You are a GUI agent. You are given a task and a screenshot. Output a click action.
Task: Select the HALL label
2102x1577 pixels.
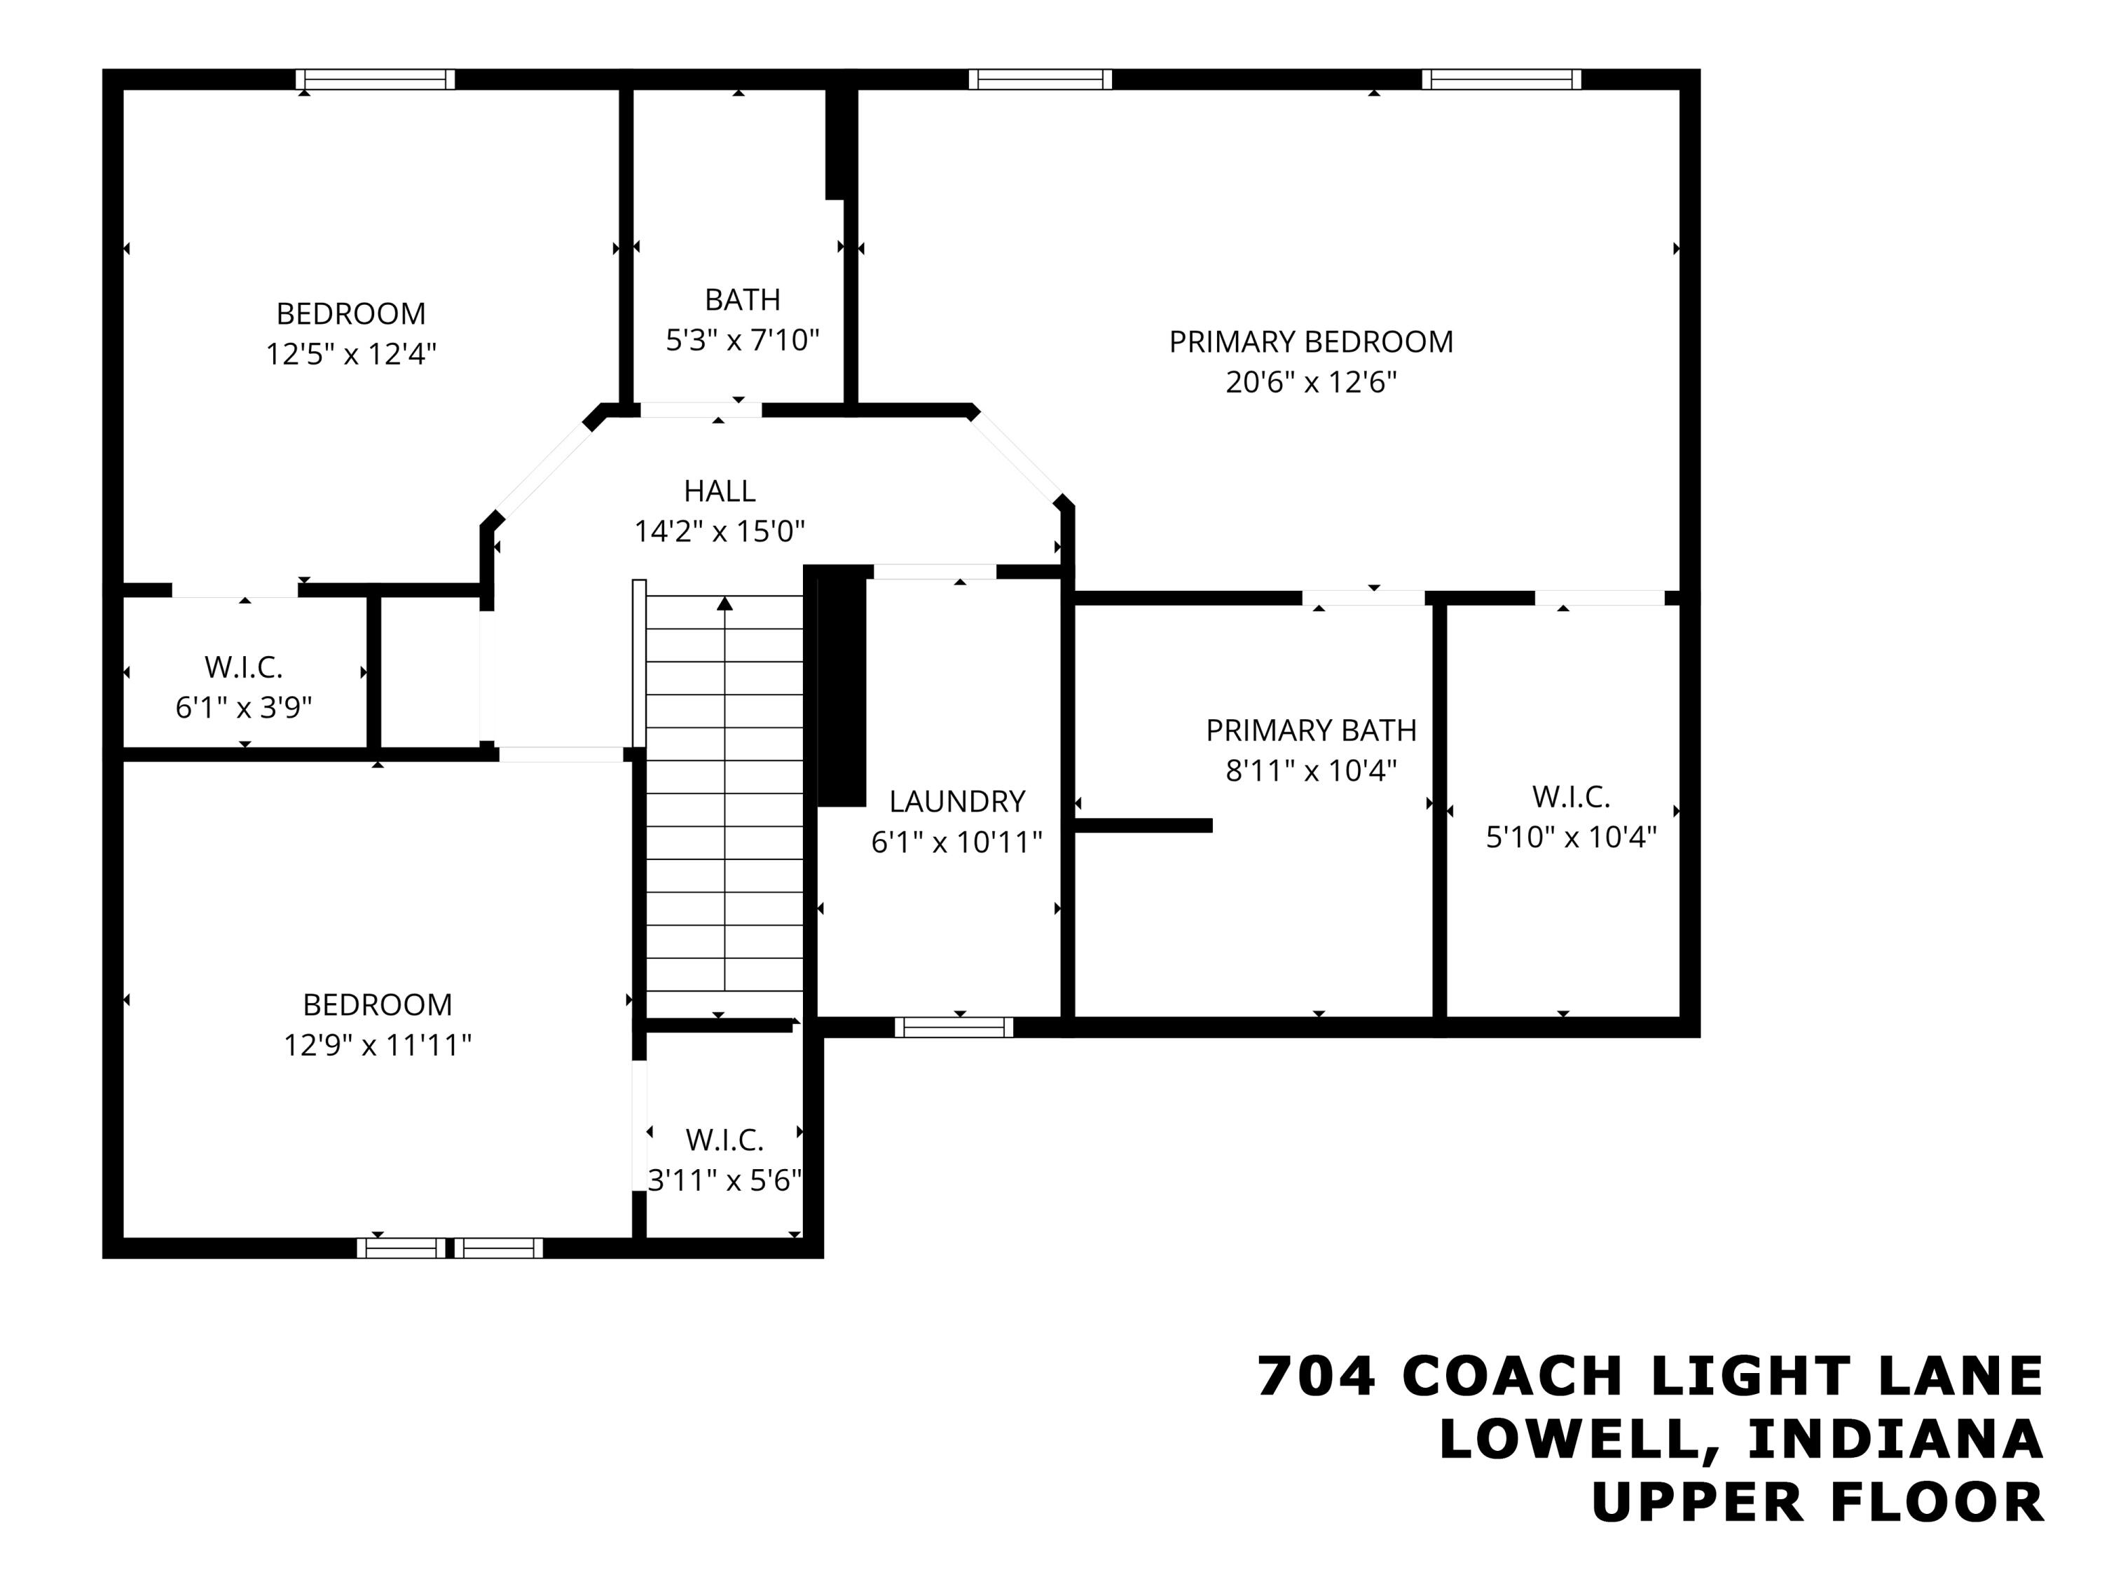(720, 491)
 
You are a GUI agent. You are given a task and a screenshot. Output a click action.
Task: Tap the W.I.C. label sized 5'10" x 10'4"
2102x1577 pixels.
(1571, 798)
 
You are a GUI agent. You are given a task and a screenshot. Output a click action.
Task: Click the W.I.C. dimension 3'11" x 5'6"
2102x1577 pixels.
(724, 1180)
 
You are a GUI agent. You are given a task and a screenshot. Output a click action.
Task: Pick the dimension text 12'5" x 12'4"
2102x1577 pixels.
(350, 355)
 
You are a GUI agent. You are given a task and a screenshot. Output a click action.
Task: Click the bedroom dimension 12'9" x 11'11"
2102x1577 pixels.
(377, 1046)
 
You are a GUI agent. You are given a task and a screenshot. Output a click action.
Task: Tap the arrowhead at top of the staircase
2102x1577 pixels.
(725, 603)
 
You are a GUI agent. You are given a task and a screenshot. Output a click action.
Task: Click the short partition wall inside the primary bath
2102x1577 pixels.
(1144, 825)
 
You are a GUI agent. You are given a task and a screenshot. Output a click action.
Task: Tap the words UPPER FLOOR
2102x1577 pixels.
(1817, 1503)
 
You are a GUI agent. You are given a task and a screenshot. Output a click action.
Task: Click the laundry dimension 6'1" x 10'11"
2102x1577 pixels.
(957, 843)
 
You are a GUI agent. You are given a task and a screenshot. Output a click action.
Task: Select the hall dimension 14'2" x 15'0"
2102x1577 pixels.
(720, 531)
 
